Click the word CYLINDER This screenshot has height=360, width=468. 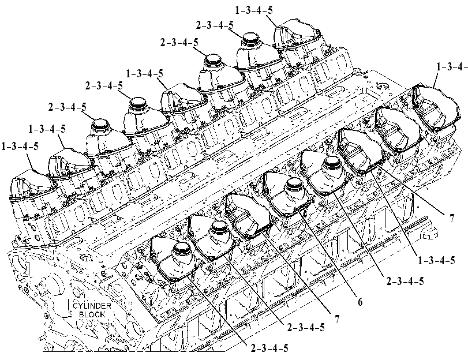coord(88,306)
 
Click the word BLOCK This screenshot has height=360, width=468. coord(92,314)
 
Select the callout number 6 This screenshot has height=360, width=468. coord(360,302)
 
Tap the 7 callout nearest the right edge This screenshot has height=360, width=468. coord(452,218)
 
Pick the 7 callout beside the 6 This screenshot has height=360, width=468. coord(336,319)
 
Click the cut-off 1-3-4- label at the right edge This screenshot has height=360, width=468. coord(452,67)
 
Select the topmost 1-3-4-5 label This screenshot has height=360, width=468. coord(254,10)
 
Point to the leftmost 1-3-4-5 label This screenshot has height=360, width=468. coord(20,147)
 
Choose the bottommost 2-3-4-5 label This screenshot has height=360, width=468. coord(269,348)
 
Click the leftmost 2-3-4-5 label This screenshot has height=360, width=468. coord(68,107)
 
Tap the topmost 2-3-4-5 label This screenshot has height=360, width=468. coord(215,25)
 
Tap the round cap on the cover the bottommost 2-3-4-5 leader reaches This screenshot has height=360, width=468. coord(182,250)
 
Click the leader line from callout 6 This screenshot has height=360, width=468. coord(328,252)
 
